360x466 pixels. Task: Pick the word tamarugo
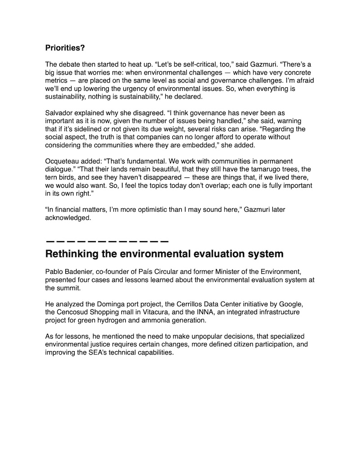248,169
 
